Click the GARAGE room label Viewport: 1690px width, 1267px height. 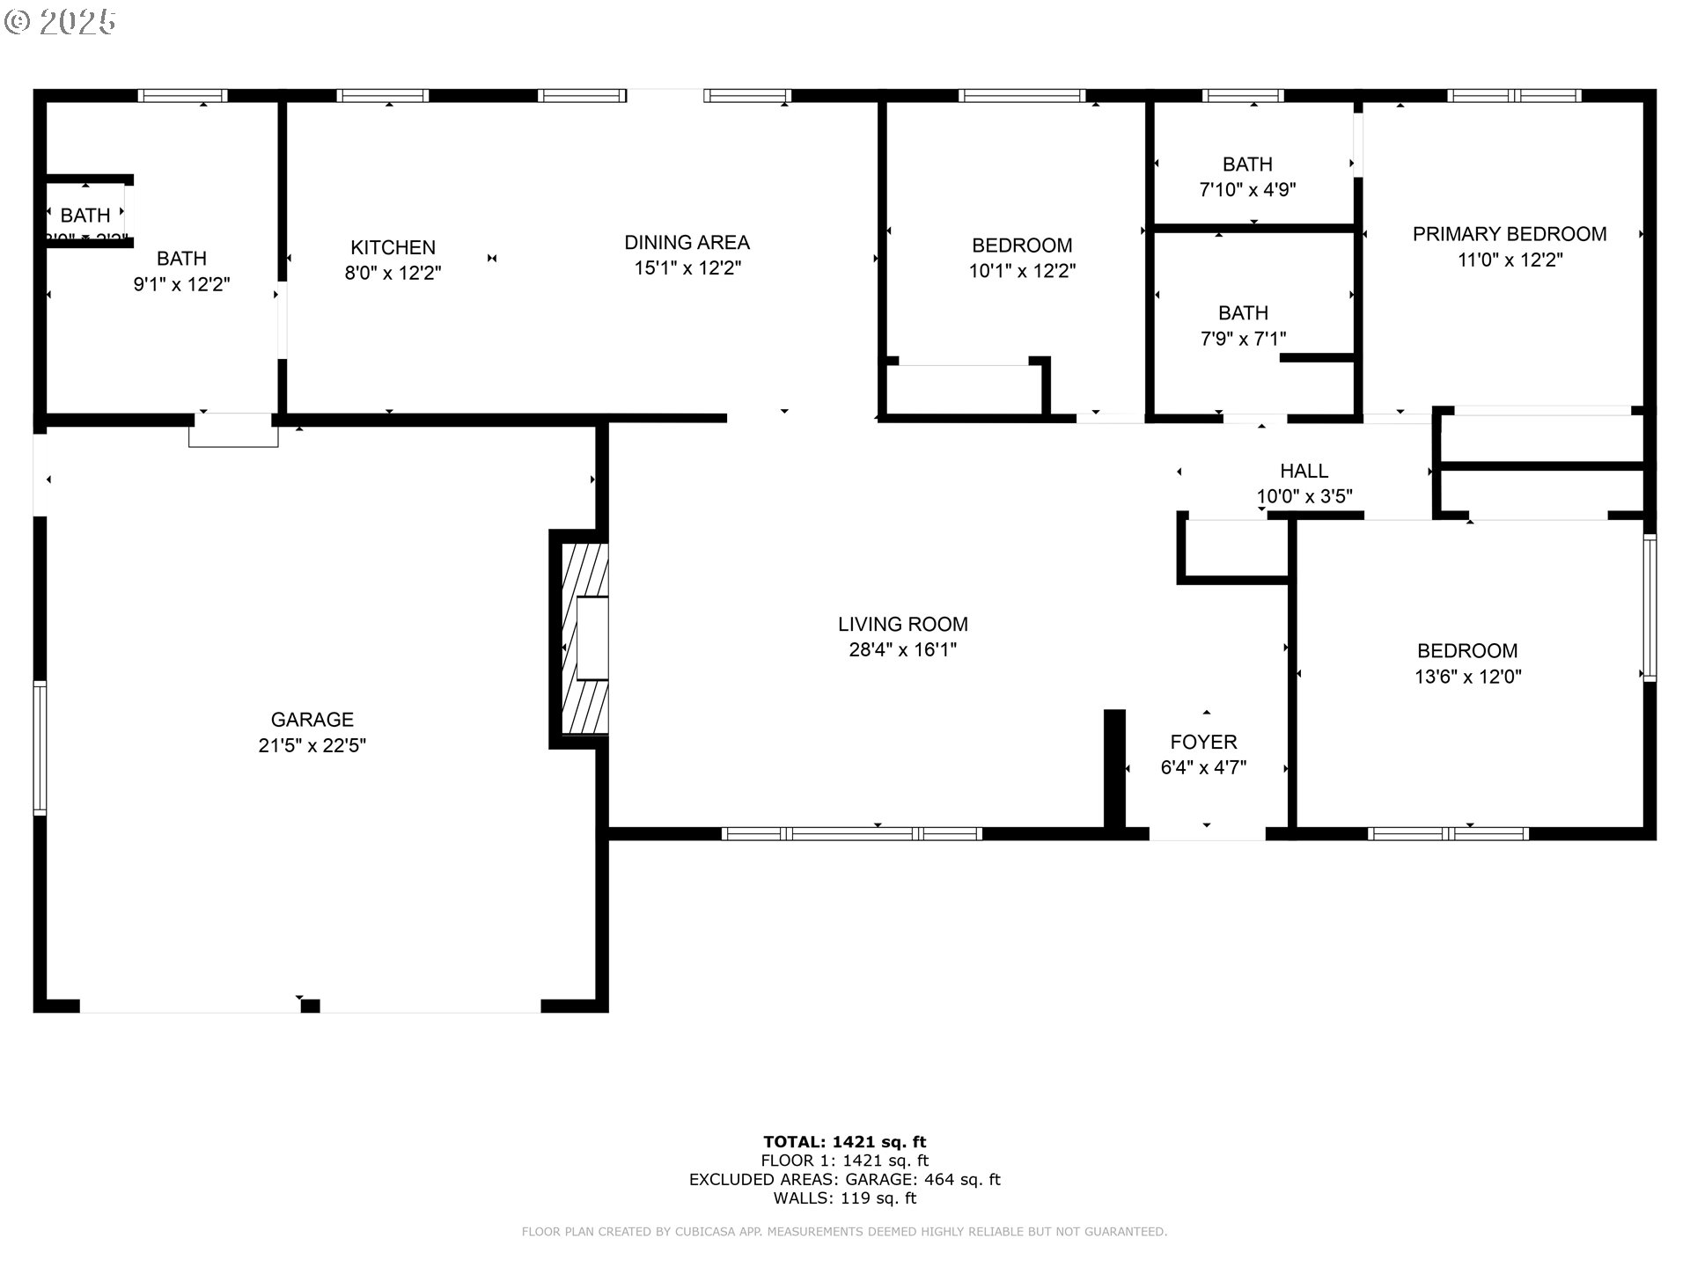[312, 720]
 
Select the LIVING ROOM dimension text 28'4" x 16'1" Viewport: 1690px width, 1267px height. [902, 650]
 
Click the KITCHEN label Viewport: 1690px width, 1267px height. [393, 248]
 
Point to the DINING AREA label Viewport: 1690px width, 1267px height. [687, 243]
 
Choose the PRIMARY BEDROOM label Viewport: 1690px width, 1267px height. [1509, 234]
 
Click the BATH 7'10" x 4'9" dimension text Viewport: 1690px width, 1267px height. [1247, 190]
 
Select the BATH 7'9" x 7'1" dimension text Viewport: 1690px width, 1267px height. [1243, 339]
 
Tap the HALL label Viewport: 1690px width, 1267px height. [1304, 472]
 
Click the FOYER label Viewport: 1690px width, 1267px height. [1203, 743]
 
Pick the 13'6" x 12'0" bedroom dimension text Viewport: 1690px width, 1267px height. [1467, 677]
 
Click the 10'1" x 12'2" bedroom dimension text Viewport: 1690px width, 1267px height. [1022, 271]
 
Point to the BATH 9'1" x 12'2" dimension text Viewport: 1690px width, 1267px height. [181, 284]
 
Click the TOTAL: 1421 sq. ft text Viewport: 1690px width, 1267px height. [844, 1142]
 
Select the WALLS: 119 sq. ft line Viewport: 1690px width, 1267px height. [844, 1198]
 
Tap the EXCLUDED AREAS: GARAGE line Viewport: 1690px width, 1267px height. [844, 1180]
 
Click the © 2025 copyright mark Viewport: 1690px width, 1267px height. [60, 22]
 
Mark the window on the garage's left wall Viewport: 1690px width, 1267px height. [40, 748]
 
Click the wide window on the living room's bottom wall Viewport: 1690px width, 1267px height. [851, 833]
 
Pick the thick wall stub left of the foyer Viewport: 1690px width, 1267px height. [1114, 769]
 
